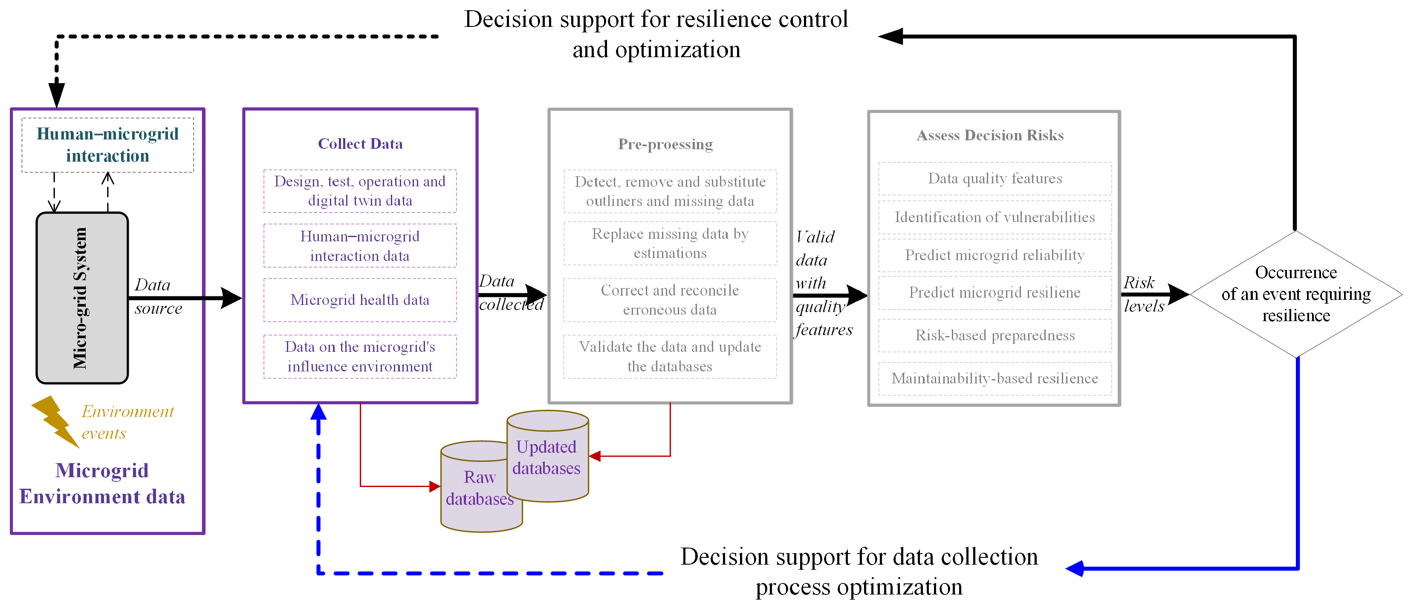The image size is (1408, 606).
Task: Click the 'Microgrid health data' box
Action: coord(360,300)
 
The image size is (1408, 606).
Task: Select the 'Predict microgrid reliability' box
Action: coord(995,255)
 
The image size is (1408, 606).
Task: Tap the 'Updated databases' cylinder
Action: coord(547,456)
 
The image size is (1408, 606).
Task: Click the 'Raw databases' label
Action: coord(480,488)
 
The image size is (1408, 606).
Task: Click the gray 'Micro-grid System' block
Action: coord(82,298)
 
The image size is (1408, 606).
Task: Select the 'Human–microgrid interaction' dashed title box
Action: coord(108,145)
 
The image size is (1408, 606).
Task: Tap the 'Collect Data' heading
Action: coord(360,144)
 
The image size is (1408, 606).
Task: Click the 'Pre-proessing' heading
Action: coord(665,145)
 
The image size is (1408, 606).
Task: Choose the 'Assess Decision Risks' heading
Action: coord(990,135)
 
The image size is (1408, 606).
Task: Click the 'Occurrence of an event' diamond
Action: coord(1296,294)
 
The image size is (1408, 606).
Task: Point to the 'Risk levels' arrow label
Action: coord(1143,294)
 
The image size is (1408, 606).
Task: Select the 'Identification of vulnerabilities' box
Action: coord(995,217)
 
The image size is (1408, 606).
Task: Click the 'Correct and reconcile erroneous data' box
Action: coord(670,300)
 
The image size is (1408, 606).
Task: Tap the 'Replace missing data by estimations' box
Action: coord(670,244)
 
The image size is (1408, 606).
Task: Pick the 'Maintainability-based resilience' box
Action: coord(995,378)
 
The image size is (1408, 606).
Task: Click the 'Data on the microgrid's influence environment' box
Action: coord(360,357)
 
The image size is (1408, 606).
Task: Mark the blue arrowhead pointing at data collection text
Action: coord(1075,568)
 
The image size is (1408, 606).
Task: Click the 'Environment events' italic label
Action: coord(128,422)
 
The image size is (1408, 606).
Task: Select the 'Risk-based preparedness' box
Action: coord(995,335)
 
